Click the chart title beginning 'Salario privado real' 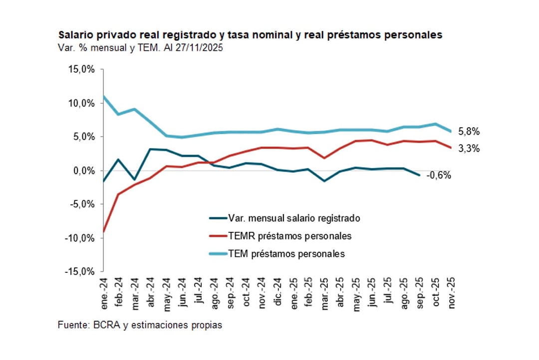251,35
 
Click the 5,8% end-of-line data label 469,132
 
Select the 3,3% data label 469,148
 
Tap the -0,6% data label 439,175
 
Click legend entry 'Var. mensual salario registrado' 293,218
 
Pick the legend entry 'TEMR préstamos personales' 289,236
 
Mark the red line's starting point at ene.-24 103,232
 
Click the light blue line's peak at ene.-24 103,96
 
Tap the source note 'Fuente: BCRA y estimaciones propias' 140,325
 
